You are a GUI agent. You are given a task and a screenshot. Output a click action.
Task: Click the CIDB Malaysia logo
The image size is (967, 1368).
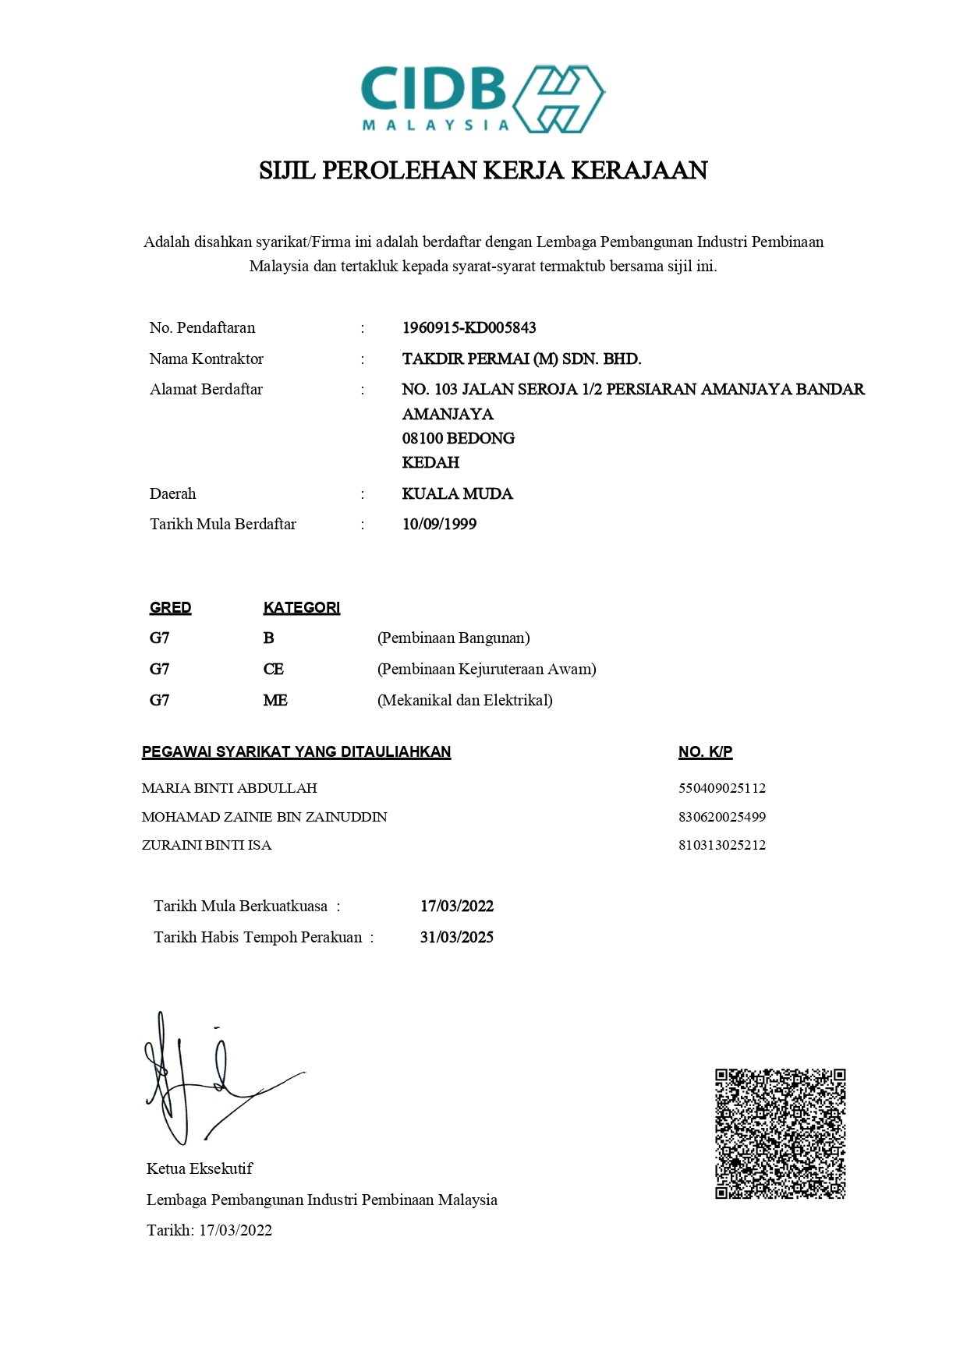click(483, 99)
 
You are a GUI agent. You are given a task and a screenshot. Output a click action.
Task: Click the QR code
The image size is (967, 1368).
click(780, 1133)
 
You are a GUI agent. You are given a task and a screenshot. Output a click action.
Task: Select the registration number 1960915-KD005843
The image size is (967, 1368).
click(469, 327)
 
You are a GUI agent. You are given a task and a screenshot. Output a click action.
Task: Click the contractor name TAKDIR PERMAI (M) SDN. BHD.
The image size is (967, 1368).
click(521, 359)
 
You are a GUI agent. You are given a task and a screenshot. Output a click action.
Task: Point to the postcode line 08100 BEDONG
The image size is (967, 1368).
click(458, 438)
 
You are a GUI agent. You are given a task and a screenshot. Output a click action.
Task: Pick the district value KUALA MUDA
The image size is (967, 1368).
click(457, 493)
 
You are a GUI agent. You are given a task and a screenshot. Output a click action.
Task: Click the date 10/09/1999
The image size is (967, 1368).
click(439, 524)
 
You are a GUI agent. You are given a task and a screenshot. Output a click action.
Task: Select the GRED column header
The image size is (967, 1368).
click(170, 607)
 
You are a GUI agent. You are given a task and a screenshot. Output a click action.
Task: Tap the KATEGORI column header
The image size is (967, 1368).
click(301, 607)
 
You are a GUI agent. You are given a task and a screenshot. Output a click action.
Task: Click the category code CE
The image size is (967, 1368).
click(273, 669)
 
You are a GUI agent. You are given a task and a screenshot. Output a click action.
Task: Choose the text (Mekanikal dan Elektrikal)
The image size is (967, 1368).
click(465, 700)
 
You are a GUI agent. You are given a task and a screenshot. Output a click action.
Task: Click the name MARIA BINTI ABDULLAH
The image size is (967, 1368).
click(229, 788)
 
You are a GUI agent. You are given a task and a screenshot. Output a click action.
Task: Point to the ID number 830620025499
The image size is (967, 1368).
click(721, 817)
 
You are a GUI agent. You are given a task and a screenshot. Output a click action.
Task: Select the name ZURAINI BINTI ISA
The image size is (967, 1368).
click(207, 845)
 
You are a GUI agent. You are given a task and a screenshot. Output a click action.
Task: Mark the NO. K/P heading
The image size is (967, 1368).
click(705, 751)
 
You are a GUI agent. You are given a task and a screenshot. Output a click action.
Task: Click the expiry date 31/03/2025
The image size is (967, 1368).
click(456, 937)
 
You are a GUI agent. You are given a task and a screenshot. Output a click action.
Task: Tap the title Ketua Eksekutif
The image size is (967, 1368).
click(200, 1168)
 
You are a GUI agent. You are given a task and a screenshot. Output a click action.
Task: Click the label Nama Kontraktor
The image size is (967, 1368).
click(206, 359)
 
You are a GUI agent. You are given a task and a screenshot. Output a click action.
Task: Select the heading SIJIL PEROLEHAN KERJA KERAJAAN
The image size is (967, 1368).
click(483, 170)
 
